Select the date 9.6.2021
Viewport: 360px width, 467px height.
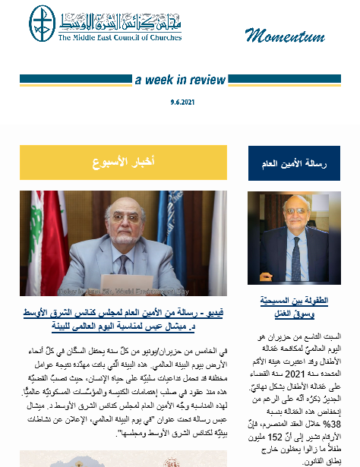181,101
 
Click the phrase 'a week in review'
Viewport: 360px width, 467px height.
180,80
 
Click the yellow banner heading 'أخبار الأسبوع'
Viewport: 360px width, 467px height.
123,163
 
